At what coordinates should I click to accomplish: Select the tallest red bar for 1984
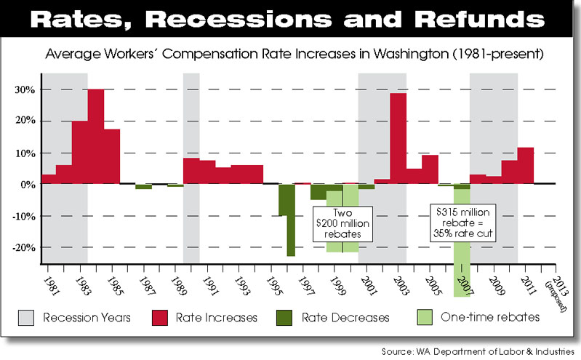(96, 136)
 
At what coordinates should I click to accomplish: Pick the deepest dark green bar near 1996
(290, 220)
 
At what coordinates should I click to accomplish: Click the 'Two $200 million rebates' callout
(342, 223)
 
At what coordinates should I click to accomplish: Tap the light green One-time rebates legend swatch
(422, 317)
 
